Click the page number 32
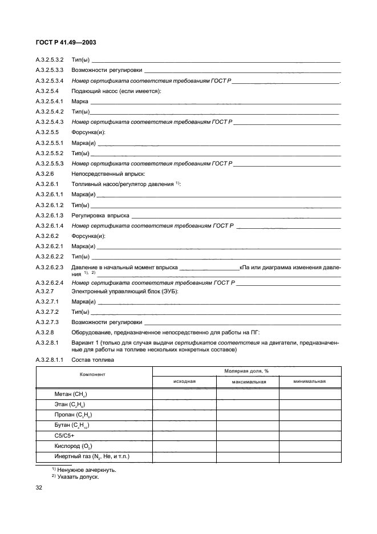(x=39, y=488)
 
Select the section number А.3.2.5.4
(x=48, y=91)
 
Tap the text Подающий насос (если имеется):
(x=116, y=91)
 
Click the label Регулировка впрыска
(x=100, y=215)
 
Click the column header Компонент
(x=94, y=375)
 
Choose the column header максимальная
(x=247, y=381)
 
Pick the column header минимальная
(x=310, y=381)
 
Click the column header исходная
(x=184, y=381)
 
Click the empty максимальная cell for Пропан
(x=247, y=414)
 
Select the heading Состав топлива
(x=92, y=360)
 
